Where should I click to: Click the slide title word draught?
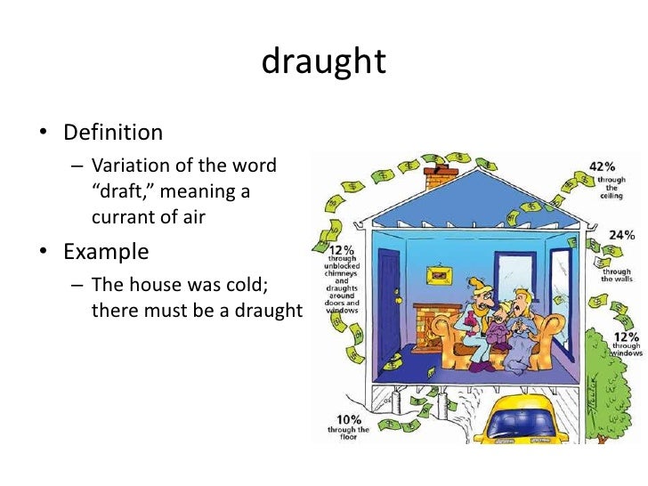pos(324,62)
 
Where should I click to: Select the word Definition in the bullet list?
pos(113,134)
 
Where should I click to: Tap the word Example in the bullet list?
pos(106,251)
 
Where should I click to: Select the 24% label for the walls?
pos(621,236)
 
